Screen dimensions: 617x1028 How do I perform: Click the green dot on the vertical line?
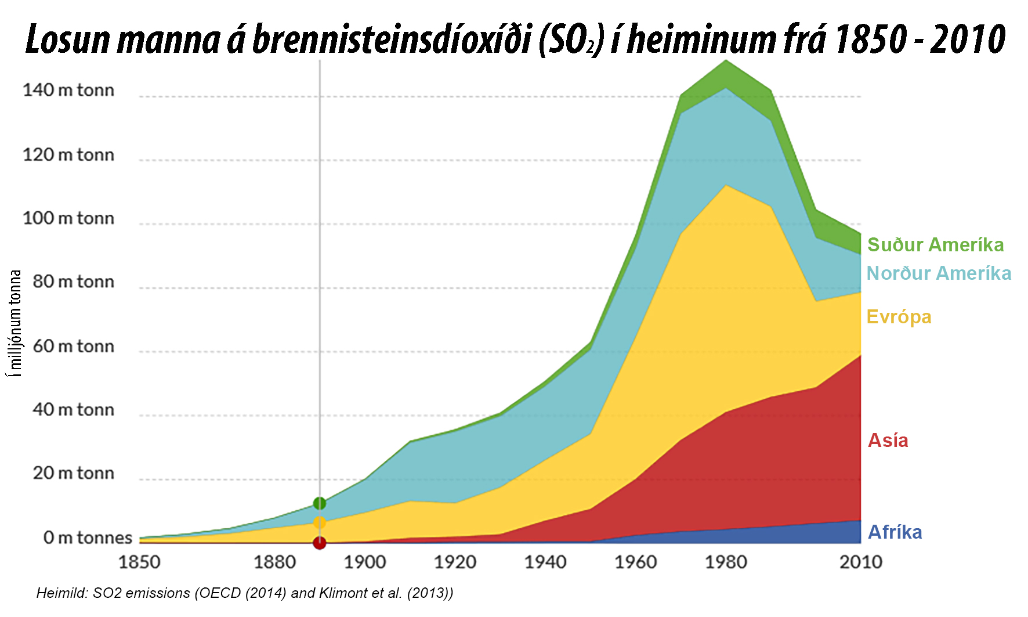(320, 503)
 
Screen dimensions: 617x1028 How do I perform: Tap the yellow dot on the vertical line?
(320, 523)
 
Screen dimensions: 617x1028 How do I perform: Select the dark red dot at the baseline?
(320, 543)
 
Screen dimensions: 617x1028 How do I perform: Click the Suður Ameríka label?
(935, 245)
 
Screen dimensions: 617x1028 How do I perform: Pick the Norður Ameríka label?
(939, 273)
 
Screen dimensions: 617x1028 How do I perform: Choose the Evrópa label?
(899, 317)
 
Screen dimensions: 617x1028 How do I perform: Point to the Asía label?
(888, 441)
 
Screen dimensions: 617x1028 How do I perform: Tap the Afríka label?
(895, 532)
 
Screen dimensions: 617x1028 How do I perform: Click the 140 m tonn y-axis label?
(68, 91)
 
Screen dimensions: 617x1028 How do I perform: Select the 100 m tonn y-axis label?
(68, 219)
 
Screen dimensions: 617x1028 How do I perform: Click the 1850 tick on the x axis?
(139, 562)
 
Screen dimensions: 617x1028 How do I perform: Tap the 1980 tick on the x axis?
(726, 562)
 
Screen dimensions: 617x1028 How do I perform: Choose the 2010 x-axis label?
(861, 562)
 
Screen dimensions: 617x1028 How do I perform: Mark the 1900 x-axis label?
(365, 562)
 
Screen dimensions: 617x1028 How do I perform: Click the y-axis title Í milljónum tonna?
(16, 323)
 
